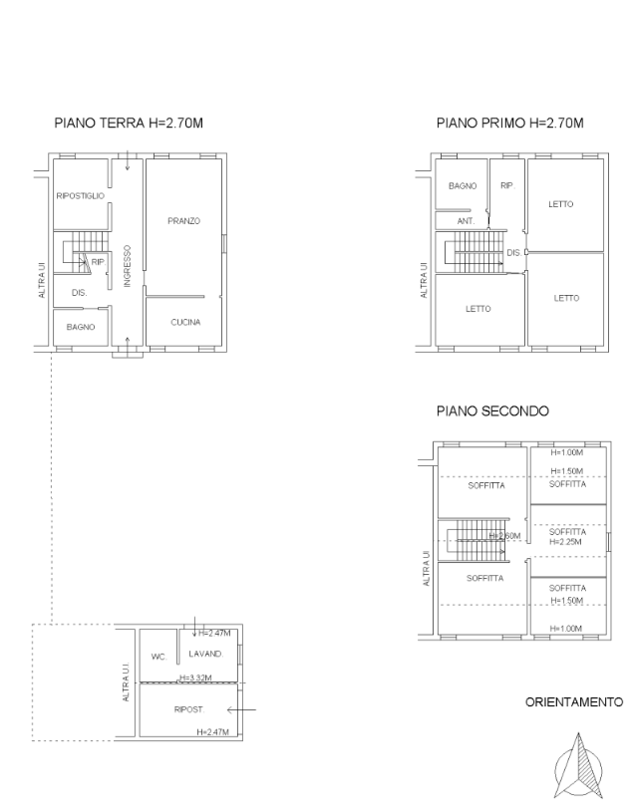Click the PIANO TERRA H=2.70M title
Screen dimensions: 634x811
129,124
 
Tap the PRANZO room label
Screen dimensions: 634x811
183,221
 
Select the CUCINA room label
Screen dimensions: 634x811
185,322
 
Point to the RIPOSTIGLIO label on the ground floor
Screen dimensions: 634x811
80,196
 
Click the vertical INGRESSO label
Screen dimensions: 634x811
128,266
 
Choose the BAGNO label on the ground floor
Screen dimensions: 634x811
81,328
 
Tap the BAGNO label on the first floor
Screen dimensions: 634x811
463,186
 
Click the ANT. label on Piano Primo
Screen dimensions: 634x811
466,221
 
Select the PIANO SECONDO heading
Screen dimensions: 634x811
492,411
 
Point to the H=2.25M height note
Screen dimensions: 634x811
565,542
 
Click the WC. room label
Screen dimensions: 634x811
158,657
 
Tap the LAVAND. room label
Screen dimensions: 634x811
206,654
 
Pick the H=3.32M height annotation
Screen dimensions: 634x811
195,677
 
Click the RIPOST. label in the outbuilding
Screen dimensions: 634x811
189,709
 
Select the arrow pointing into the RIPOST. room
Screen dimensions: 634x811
241,710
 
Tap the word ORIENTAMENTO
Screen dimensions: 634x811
574,702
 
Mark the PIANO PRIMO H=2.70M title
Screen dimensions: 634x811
510,124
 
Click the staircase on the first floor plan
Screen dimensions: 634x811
475,252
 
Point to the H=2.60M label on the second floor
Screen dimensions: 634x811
505,536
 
